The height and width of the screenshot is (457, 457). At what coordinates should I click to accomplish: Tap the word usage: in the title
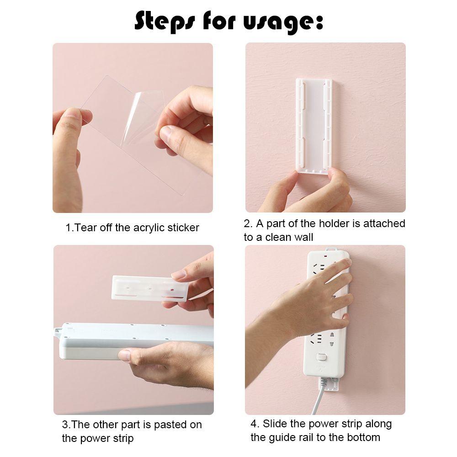pos(289,22)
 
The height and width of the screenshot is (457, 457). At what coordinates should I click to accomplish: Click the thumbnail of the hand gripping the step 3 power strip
pos(125,355)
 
